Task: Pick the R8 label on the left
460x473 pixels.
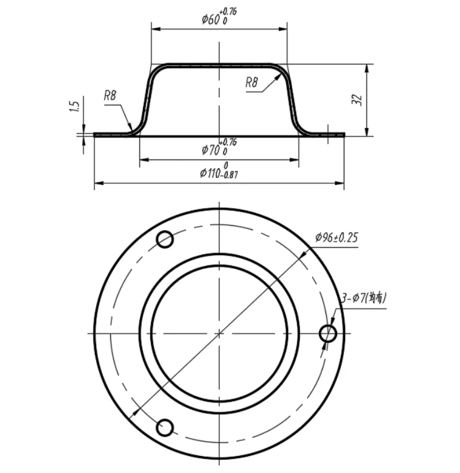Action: [x=110, y=95]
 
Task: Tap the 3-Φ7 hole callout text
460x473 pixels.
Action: [x=364, y=298]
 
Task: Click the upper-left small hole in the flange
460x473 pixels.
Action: [x=165, y=240]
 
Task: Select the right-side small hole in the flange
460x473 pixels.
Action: [x=328, y=333]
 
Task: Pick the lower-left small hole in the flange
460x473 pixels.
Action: [x=165, y=427]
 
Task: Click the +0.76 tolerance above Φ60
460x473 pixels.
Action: [x=230, y=11]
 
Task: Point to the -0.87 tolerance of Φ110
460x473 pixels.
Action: [x=228, y=175]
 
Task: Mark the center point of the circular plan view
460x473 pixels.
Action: [x=219, y=333]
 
